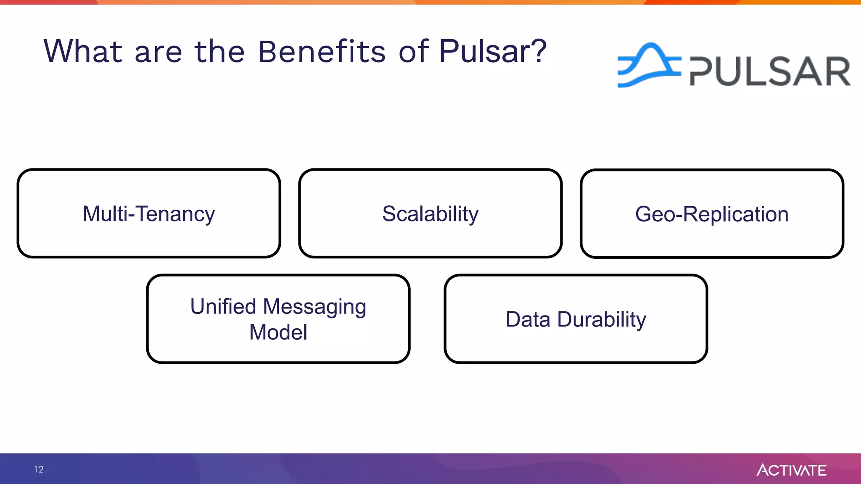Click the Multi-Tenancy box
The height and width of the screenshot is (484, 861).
(149, 213)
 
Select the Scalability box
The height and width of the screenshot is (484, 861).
(430, 213)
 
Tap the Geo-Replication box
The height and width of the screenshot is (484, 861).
(712, 213)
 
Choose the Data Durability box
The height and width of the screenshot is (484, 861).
(576, 319)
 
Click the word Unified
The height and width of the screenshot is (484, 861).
(223, 306)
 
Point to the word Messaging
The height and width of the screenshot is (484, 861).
(314, 307)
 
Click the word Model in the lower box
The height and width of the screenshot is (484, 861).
(278, 332)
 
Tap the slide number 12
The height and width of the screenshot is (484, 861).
(39, 469)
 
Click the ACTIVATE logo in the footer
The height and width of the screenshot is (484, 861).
(791, 470)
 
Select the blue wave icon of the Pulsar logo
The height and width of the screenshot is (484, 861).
(648, 65)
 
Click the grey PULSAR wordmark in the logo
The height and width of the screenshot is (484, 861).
(770, 71)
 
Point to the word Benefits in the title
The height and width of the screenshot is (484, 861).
(322, 52)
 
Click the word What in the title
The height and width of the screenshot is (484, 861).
(83, 52)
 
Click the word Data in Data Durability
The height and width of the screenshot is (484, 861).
(528, 319)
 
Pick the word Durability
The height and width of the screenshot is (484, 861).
(602, 320)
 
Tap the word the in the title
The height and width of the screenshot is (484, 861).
(219, 52)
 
